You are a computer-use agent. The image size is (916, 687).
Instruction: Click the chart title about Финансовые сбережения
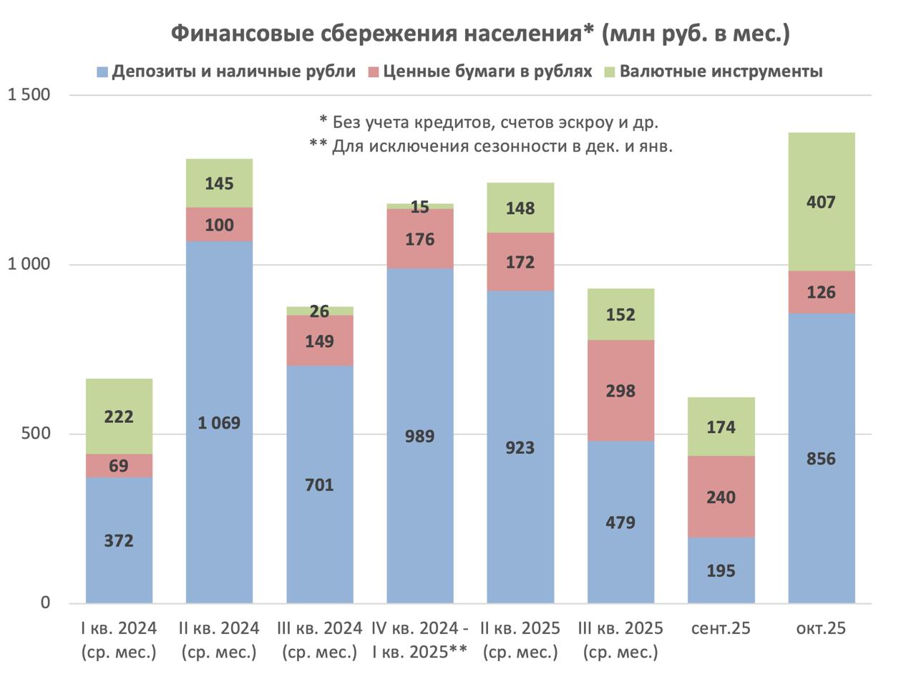[480, 34]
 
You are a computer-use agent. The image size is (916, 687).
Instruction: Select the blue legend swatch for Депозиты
[102, 72]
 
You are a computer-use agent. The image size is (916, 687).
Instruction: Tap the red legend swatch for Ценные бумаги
[374, 72]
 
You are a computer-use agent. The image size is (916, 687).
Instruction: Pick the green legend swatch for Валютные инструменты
[610, 72]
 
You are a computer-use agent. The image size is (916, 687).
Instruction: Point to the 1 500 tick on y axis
[29, 95]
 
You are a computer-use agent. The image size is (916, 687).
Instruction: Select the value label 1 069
[219, 423]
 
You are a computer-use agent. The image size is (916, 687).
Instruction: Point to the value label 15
[420, 208]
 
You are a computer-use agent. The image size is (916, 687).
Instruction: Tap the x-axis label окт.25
[821, 628]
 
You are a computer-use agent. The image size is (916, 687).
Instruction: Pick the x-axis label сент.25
[721, 628]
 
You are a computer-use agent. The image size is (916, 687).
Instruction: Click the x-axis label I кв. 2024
[119, 628]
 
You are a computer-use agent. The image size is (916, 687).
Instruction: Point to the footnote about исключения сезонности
[490, 146]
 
